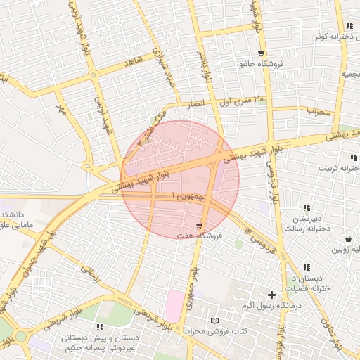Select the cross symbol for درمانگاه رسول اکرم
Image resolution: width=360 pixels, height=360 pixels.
click(271, 295)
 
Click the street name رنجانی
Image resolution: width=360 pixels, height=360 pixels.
click(89, 269)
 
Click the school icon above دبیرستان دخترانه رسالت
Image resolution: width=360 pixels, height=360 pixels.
click(307, 207)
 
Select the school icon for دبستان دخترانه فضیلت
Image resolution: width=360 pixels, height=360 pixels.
click(307, 267)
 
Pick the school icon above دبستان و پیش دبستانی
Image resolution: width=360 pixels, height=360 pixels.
click(100, 327)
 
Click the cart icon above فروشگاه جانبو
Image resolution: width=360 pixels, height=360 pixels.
click(262, 53)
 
